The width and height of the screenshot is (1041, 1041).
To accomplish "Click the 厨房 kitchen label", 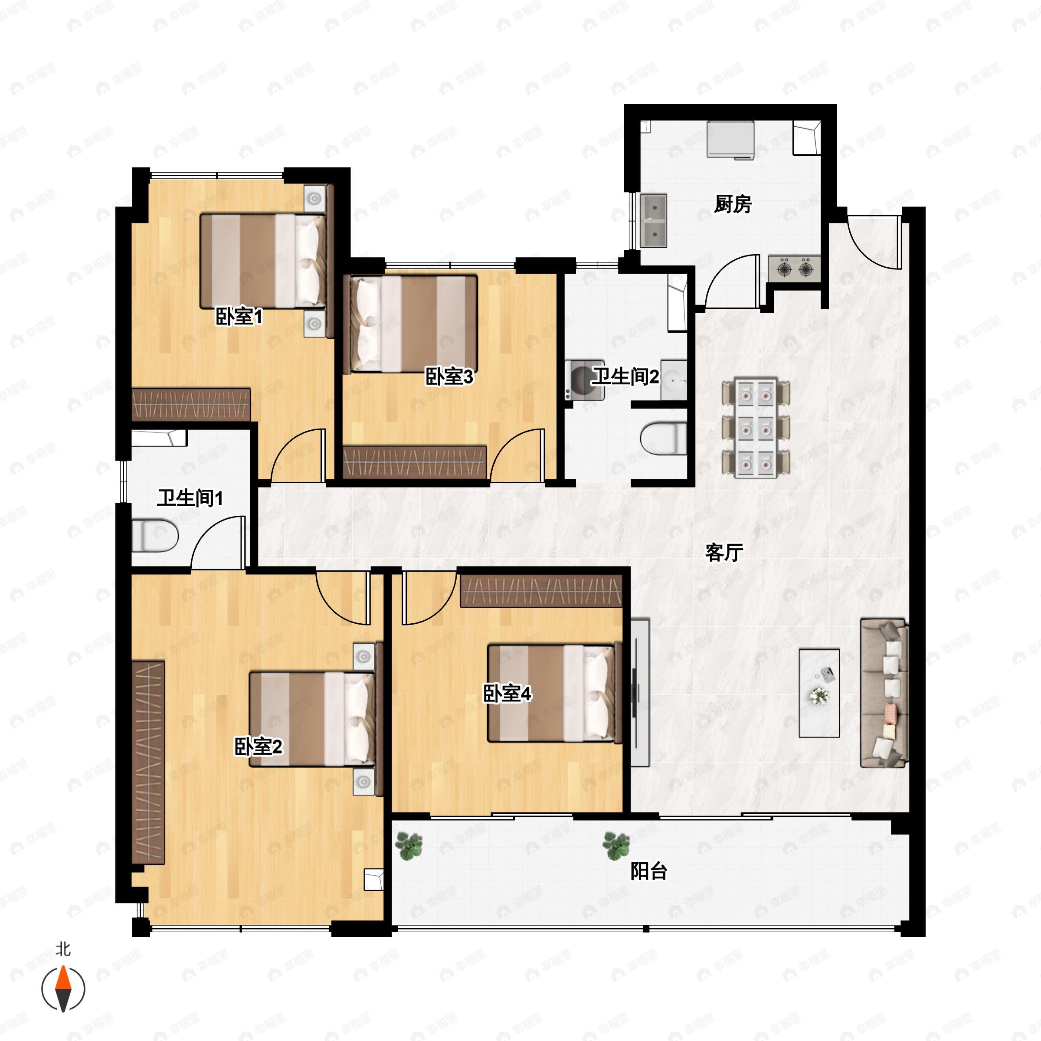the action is pyautogui.click(x=732, y=205).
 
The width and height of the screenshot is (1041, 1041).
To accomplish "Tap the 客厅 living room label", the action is pyautogui.click(x=724, y=552).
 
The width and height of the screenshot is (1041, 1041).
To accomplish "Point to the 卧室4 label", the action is pyautogui.click(x=507, y=694).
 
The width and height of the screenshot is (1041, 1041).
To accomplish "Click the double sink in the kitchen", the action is pyautogui.click(x=654, y=221).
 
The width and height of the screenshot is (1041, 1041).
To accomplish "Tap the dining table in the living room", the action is pyautogui.click(x=756, y=428).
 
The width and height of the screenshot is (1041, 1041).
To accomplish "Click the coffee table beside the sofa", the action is pyautogui.click(x=819, y=693).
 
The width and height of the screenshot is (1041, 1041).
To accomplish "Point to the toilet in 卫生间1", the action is pyautogui.click(x=155, y=536).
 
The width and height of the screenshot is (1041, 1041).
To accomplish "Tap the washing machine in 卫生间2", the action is pyautogui.click(x=584, y=380).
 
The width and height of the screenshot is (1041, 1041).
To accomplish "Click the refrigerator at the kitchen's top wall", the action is pyautogui.click(x=730, y=140).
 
